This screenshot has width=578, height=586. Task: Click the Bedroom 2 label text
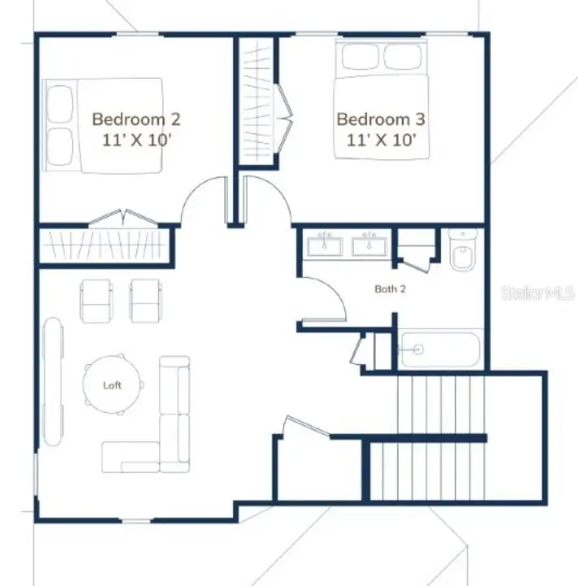tap(136, 119)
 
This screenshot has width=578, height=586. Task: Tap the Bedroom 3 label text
tap(381, 119)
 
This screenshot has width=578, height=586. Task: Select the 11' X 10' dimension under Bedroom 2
tap(136, 139)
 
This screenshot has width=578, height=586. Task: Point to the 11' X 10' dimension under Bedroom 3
tap(382, 139)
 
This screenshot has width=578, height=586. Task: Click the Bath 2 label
tap(390, 289)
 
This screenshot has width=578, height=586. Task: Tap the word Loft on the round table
tap(112, 385)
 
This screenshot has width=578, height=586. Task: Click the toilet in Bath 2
tap(463, 251)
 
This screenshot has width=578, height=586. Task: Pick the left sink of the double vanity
tap(326, 244)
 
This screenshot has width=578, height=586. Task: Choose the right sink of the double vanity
tap(371, 244)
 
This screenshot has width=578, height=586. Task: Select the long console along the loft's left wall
tap(54, 382)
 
